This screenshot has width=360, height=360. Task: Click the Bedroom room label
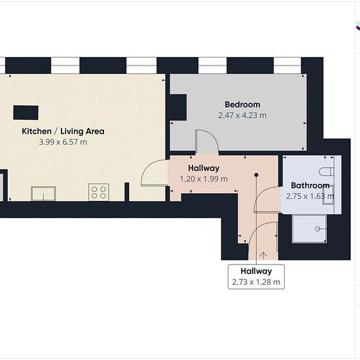242,105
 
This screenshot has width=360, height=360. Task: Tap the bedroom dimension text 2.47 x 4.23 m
242,115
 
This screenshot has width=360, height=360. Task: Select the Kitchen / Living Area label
63,132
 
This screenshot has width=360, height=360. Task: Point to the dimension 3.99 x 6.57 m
63,142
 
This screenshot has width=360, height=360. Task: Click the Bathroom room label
310,185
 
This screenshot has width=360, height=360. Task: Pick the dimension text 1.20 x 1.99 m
204,179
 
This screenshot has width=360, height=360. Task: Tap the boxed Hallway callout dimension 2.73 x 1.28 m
256,281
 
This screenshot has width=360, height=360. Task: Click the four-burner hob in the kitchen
99,192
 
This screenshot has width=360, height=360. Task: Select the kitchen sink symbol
43,194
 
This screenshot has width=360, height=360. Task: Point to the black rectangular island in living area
26,113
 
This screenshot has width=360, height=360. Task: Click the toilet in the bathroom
327,171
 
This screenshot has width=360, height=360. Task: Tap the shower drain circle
317,228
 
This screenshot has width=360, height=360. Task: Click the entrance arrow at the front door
263,255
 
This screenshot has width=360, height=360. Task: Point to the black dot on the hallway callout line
257,175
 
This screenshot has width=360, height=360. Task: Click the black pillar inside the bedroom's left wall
178,107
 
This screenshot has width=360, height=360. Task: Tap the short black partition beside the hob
127,192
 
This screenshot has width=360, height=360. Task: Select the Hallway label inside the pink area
204,168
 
